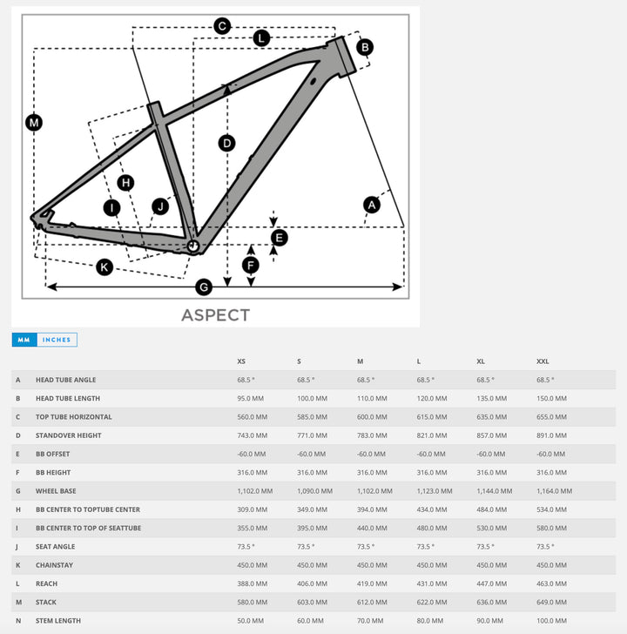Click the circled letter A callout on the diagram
[372, 205]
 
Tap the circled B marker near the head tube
[365, 47]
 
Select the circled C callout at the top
[222, 26]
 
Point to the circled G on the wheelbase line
[204, 287]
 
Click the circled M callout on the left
[33, 123]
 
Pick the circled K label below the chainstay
[104, 267]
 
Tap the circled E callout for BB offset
[279, 237]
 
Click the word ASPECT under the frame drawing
[215, 315]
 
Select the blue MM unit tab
[24, 340]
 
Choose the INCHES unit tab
[57, 340]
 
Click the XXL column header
[543, 361]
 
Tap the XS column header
[241, 361]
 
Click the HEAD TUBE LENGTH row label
[68, 398]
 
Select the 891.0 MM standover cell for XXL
[551, 435]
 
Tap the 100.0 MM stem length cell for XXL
[551, 621]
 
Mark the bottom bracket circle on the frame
[193, 246]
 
